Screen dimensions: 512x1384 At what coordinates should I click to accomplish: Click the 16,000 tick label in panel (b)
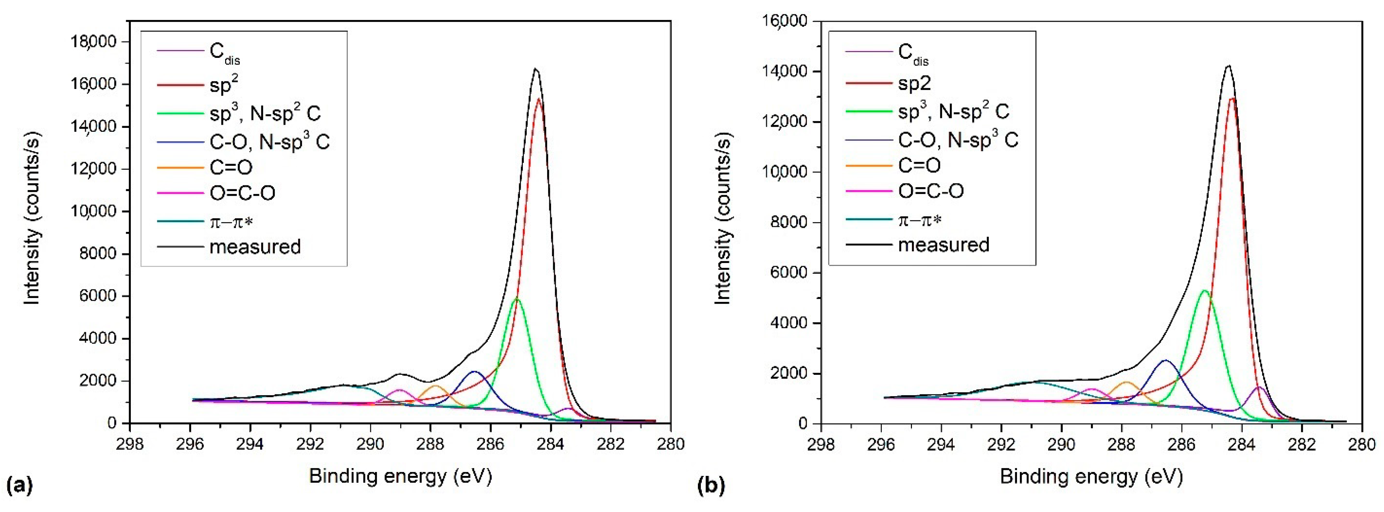[785, 21]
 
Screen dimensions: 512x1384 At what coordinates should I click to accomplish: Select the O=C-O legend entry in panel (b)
[931, 191]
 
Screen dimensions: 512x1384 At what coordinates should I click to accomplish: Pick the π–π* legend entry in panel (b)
[920, 220]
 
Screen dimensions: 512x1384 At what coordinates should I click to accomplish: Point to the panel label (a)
[19, 485]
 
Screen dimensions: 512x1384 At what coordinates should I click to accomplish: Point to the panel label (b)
[710, 485]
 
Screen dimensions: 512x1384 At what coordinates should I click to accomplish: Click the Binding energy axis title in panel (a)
[400, 476]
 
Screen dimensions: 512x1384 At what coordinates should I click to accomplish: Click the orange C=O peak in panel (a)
[435, 386]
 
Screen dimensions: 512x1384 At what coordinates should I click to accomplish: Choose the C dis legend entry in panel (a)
[224, 52]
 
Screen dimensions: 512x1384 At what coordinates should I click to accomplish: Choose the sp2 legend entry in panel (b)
[914, 83]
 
